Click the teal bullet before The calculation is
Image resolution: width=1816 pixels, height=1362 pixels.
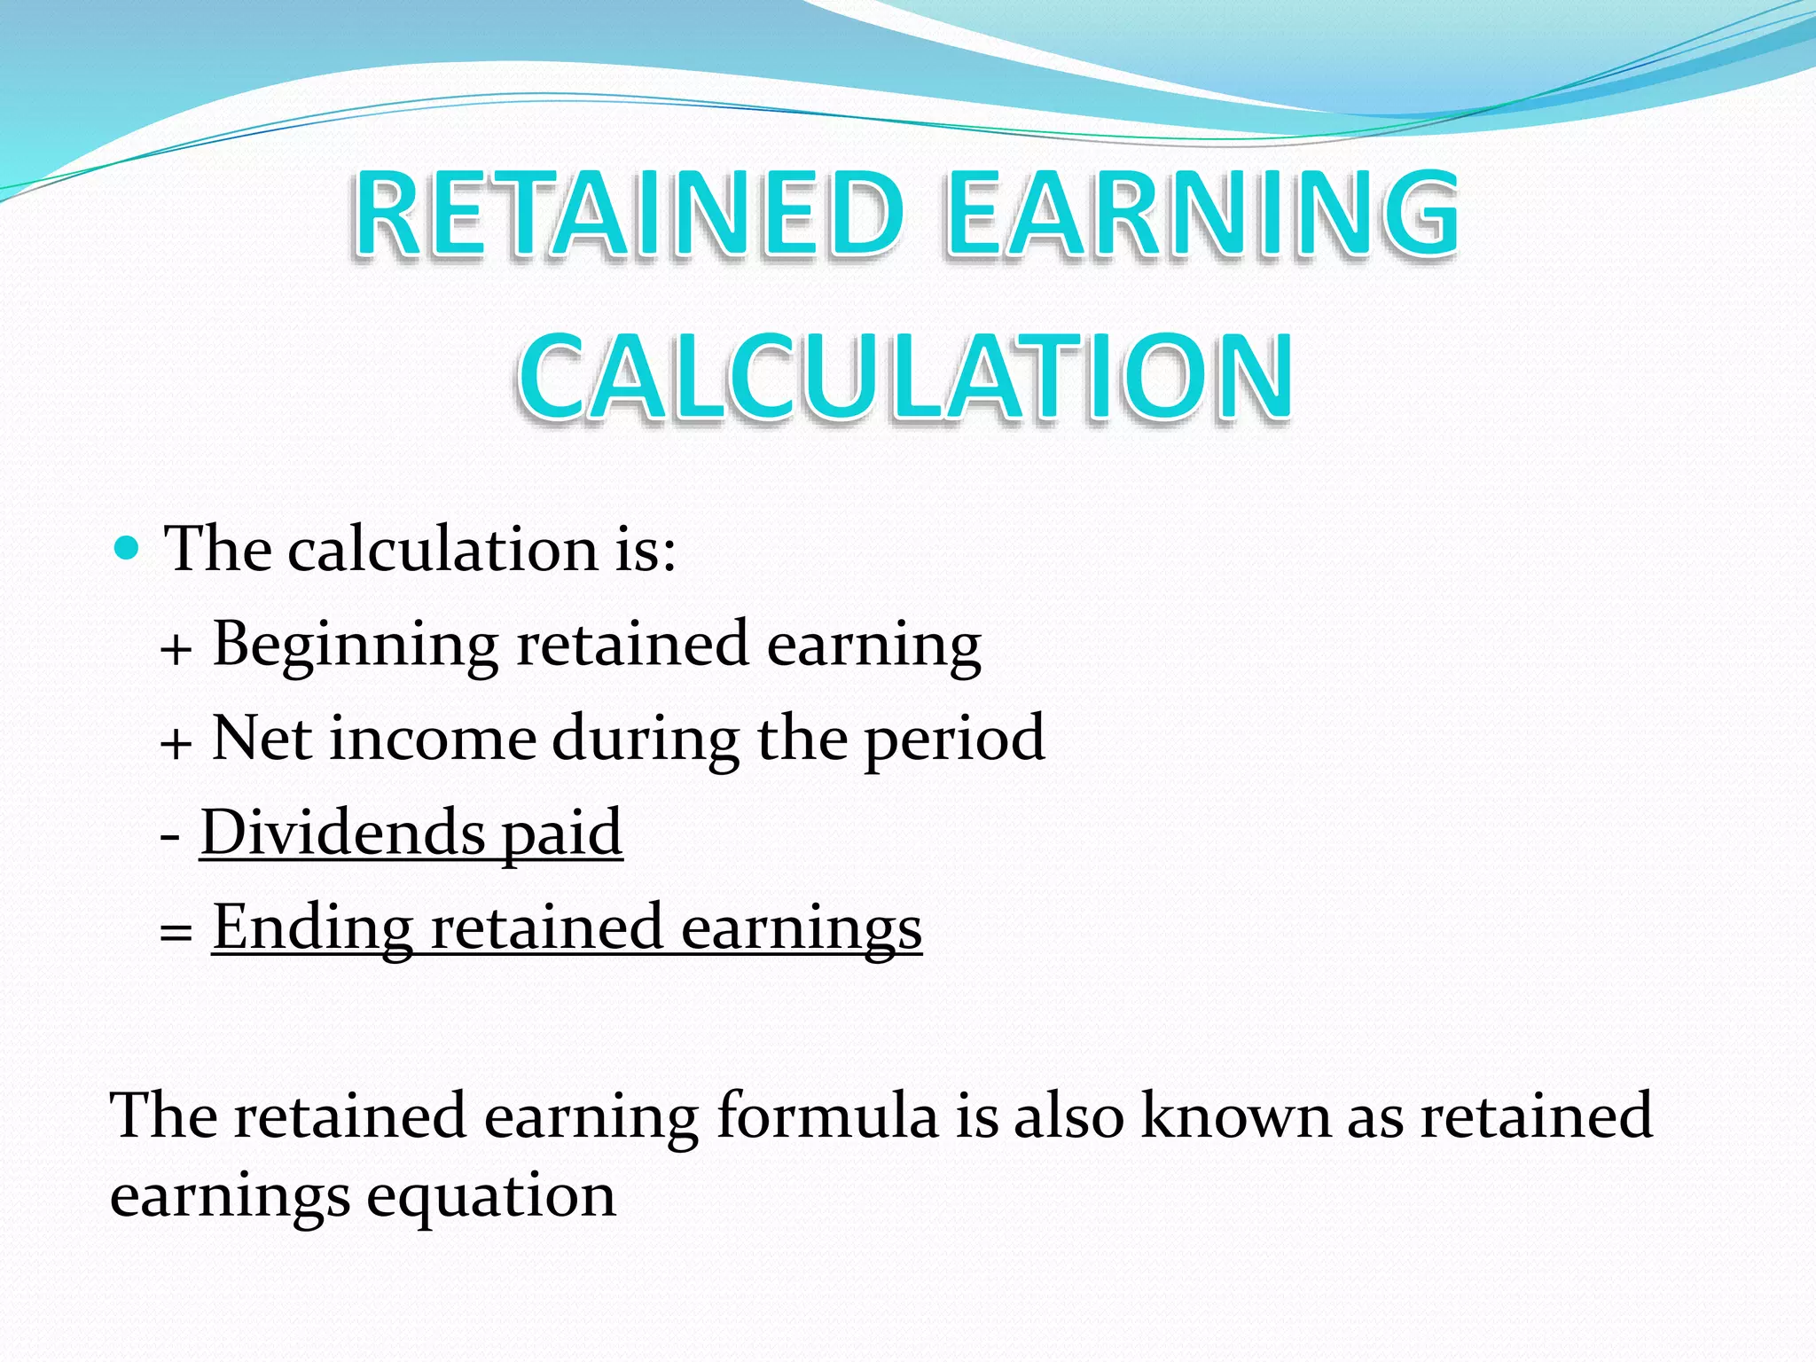click(128, 548)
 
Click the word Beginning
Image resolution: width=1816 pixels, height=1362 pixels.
click(356, 645)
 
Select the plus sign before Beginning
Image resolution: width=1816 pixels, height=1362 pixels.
click(176, 650)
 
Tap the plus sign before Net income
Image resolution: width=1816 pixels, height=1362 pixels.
click(176, 743)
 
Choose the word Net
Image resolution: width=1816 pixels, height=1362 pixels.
click(262, 738)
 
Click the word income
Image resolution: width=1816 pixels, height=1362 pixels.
click(433, 740)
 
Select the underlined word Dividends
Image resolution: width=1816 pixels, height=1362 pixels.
click(342, 833)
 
